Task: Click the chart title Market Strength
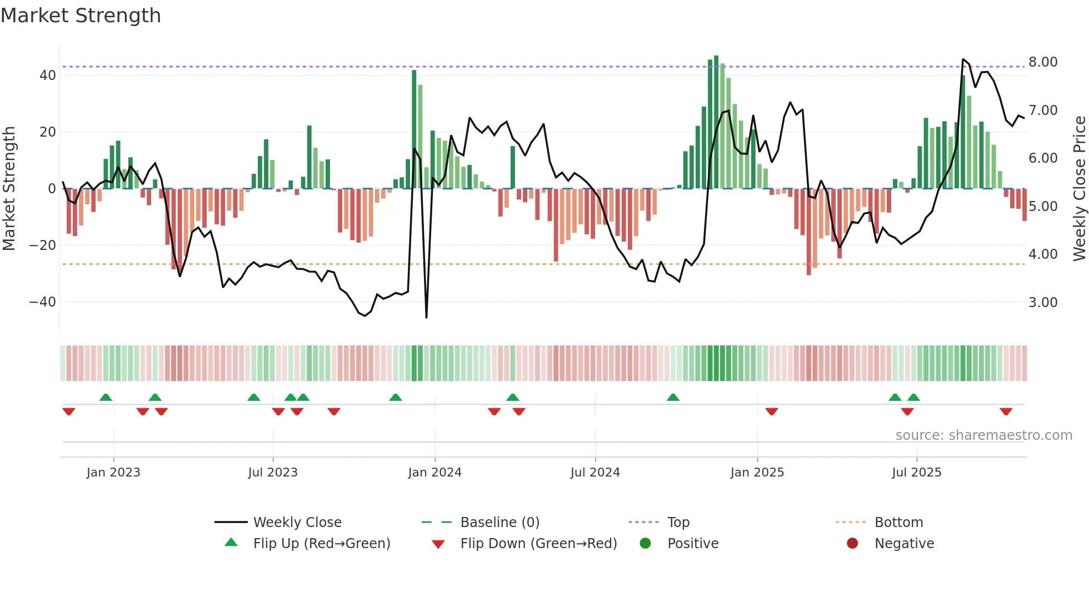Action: click(x=81, y=16)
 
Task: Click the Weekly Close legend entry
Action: click(x=297, y=522)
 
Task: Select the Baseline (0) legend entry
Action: click(x=499, y=522)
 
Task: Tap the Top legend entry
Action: click(x=678, y=522)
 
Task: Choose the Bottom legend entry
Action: click(x=898, y=522)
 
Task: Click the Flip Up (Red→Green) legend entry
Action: click(x=321, y=543)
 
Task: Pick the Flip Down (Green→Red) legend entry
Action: click(x=538, y=543)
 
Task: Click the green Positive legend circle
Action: click(x=645, y=543)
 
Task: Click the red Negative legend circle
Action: click(x=852, y=543)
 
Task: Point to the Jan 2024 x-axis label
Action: click(x=434, y=473)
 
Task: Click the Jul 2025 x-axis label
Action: click(x=916, y=473)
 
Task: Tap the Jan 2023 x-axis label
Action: click(x=113, y=473)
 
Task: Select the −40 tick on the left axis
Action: click(x=43, y=302)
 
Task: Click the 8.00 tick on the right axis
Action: click(x=1043, y=62)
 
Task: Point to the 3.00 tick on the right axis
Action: click(x=1043, y=303)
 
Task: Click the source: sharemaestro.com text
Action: click(x=983, y=435)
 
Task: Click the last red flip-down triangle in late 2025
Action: click(x=1006, y=412)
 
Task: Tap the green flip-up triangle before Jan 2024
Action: click(x=396, y=397)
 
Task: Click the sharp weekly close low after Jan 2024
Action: click(x=426, y=317)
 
